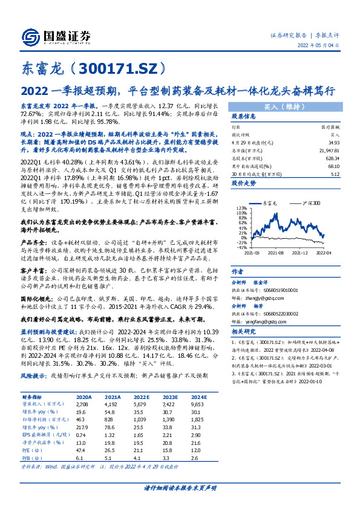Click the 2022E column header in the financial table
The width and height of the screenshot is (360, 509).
(140, 397)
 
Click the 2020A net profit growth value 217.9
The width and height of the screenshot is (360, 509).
(84, 426)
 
